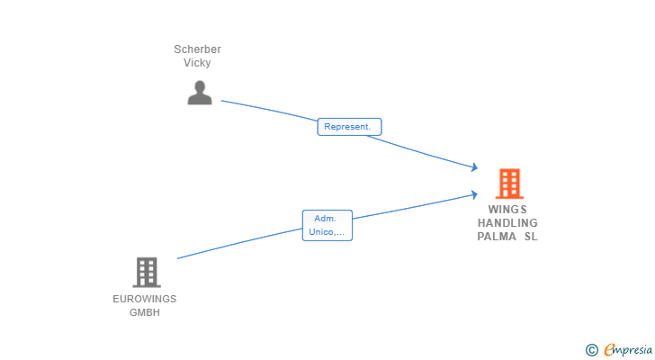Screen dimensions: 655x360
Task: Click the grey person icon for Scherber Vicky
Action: [x=200, y=93]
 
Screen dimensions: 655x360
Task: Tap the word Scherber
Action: [x=198, y=49]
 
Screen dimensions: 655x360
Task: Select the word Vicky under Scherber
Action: [x=197, y=63]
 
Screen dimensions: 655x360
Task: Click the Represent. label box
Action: [x=349, y=127]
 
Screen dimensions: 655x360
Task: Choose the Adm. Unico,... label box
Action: [x=327, y=226]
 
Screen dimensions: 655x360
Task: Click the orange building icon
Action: [x=509, y=184]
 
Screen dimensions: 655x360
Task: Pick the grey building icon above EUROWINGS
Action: [x=147, y=273]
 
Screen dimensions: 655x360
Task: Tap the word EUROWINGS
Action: [x=145, y=299]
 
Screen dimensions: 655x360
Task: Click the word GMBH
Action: [x=145, y=312]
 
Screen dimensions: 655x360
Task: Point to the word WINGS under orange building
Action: [x=507, y=209]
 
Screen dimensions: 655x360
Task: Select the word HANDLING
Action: [x=507, y=222]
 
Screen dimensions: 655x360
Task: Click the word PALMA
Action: [x=497, y=237]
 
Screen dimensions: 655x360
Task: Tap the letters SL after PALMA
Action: [x=531, y=237]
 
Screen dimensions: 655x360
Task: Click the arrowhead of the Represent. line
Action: [x=474, y=167]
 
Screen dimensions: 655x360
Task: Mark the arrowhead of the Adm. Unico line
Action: [x=474, y=194]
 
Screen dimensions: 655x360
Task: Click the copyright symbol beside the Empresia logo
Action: [x=591, y=350]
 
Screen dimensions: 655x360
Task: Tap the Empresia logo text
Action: [x=628, y=350]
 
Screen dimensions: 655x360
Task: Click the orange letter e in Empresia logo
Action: [x=609, y=349]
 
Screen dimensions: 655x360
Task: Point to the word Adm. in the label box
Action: [x=325, y=219]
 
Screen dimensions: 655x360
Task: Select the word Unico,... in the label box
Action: [x=327, y=232]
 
